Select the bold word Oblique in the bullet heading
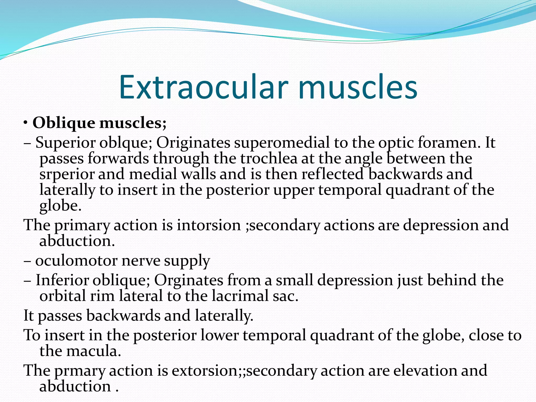(64, 123)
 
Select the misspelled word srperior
(67, 175)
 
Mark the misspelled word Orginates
(189, 280)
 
